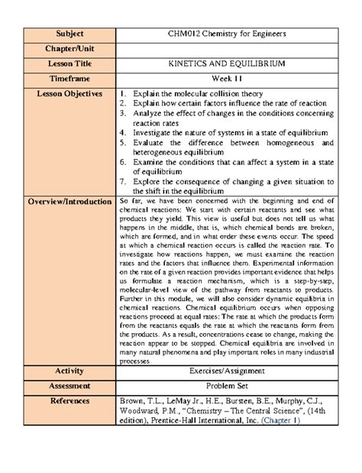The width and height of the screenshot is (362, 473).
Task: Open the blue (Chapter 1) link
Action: click(279, 420)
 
